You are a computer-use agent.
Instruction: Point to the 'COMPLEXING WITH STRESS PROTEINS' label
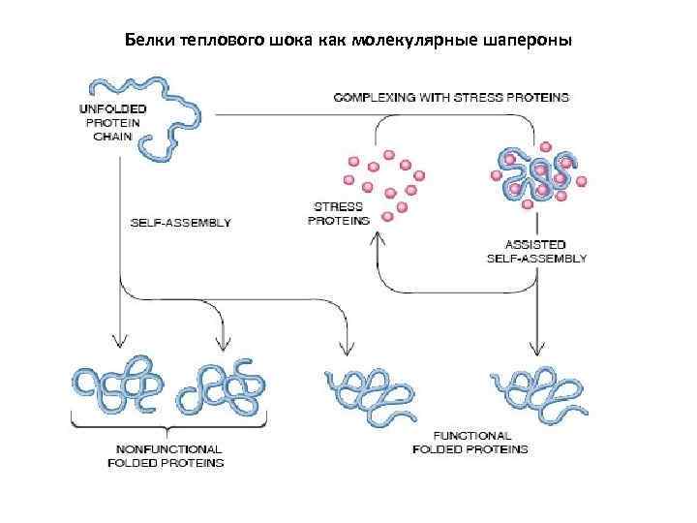pos(452,98)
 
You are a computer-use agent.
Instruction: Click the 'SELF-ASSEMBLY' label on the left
pos(181,223)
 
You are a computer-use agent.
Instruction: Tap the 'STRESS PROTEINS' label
pos(339,213)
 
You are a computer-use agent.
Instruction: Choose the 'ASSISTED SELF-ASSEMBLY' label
pos(536,251)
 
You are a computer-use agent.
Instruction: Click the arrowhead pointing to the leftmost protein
pos(119,339)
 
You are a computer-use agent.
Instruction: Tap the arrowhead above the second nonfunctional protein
pos(225,342)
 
